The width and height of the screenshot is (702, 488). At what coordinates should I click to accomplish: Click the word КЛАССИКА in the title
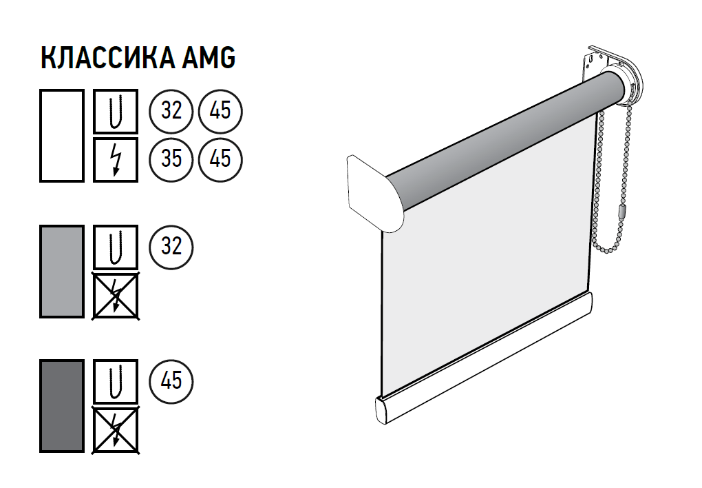(107, 57)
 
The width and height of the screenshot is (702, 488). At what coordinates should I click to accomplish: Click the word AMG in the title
(209, 57)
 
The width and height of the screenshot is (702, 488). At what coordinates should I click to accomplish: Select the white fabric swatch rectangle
(62, 136)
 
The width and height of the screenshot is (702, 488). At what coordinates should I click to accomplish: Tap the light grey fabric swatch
(62, 272)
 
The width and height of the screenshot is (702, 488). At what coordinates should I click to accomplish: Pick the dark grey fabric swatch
(62, 405)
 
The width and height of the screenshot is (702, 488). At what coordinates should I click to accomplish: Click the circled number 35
(171, 159)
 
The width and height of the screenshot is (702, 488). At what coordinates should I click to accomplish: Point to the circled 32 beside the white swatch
(171, 111)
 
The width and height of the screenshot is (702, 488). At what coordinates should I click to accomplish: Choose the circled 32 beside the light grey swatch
(171, 247)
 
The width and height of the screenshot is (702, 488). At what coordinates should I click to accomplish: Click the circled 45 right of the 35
(220, 159)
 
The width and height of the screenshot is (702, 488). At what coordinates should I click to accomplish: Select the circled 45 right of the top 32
(220, 111)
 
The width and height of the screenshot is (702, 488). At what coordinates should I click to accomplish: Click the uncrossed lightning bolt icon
(116, 160)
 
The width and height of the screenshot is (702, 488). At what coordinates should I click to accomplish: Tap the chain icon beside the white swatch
(116, 111)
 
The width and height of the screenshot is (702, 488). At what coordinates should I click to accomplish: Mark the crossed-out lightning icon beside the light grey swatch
(116, 296)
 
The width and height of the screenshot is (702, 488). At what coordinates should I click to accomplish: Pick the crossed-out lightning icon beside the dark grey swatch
(116, 430)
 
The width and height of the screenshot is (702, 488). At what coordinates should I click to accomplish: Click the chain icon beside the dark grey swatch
(116, 381)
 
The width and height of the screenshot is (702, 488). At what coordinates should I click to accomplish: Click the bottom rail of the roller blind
(484, 359)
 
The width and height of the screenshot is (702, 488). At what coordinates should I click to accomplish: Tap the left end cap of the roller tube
(375, 193)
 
